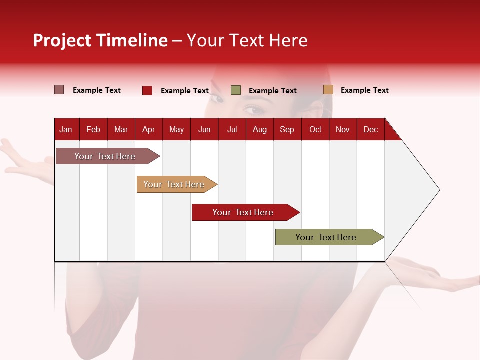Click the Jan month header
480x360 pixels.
[66, 130]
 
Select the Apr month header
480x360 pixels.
[149, 130]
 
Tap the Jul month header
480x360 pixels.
[232, 130]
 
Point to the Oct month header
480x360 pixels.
[315, 130]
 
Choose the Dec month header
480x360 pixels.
[370, 130]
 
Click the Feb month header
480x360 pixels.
[93, 130]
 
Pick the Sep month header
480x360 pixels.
[287, 130]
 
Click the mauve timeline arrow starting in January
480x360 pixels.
[108, 156]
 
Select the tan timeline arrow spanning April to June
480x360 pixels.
[177, 184]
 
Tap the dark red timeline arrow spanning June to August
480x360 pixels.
[246, 212]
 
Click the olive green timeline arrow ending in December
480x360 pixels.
[330, 237]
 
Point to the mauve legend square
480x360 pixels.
[59, 90]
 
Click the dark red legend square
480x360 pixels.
[147, 90]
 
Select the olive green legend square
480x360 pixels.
[235, 90]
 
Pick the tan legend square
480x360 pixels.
[328, 89]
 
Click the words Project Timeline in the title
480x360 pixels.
[100, 40]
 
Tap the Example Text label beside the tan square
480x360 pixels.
[365, 90]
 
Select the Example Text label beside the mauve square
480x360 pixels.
[96, 90]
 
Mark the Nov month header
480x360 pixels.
[343, 130]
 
